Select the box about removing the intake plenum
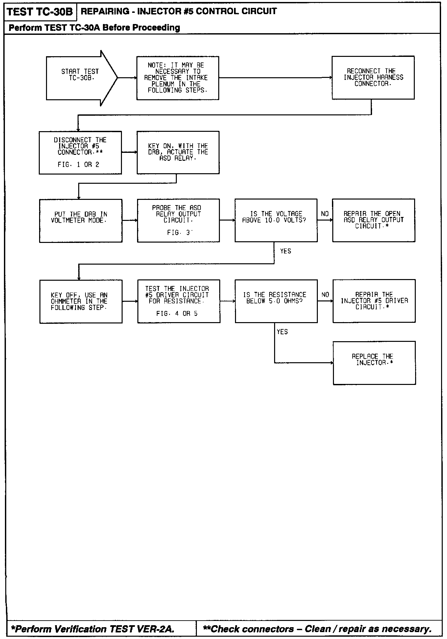(177, 78)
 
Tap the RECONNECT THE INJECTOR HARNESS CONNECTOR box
(373, 78)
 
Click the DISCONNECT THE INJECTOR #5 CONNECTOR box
(80, 153)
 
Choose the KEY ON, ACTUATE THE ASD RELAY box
(178, 153)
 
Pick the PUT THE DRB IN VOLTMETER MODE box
(81, 221)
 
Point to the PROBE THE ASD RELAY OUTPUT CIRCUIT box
(178, 220)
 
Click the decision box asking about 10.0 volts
(276, 220)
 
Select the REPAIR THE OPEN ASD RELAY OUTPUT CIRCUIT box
(373, 220)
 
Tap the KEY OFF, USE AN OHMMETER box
(81, 301)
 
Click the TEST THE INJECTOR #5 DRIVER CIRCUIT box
(178, 301)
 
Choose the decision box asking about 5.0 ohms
(276, 301)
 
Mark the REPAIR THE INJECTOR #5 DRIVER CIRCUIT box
(374, 301)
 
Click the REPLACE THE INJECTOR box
(374, 363)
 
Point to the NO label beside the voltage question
(325, 214)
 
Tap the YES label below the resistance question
(282, 332)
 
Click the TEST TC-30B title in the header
(40, 12)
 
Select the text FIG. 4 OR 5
(177, 314)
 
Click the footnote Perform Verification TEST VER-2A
(92, 629)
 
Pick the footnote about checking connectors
(317, 629)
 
